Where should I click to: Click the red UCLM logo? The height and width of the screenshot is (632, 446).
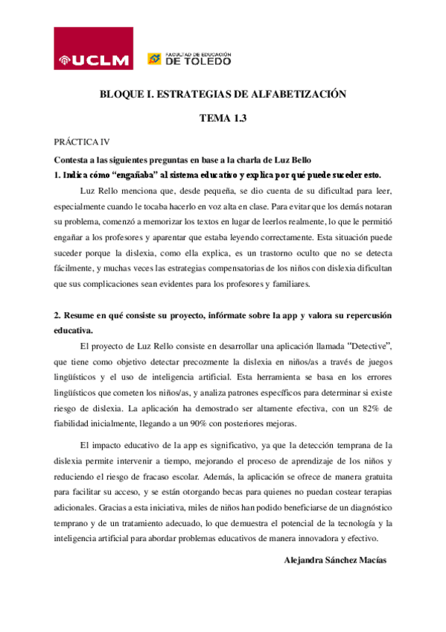point(94,48)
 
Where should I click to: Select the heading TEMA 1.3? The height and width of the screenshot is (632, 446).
point(223,118)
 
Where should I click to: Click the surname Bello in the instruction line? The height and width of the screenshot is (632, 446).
point(299,160)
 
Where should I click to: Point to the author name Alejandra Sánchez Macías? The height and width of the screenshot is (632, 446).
point(336,560)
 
